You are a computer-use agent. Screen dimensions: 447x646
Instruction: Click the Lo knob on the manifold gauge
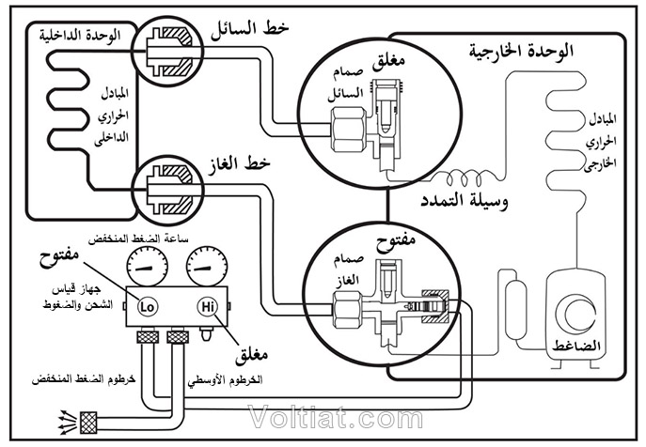click(147, 306)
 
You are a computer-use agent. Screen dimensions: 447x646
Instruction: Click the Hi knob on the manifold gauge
click(207, 306)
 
